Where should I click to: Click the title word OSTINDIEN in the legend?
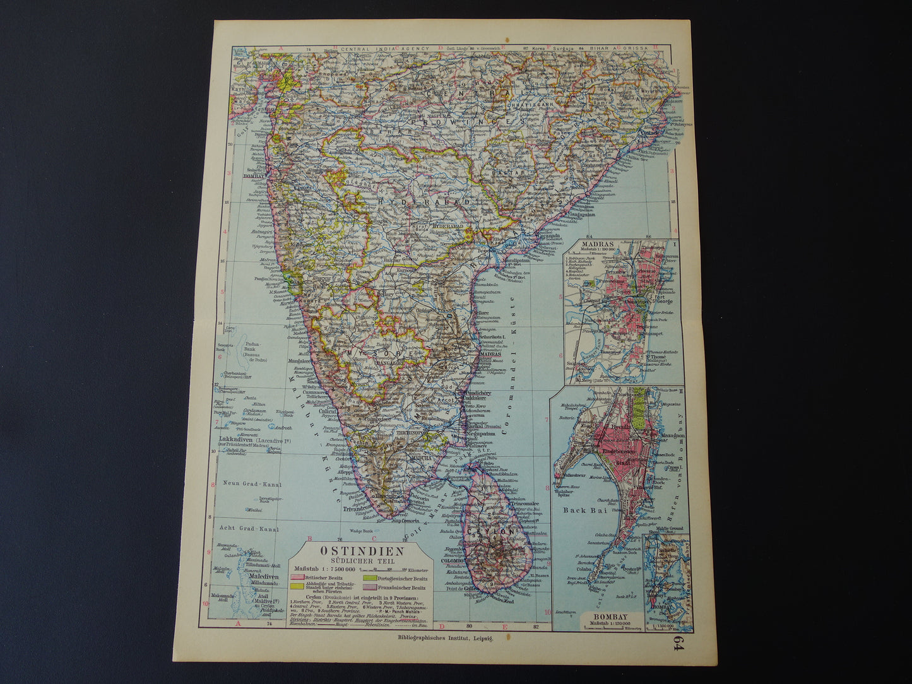[360, 549]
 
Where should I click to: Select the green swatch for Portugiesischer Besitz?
[369, 578]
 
